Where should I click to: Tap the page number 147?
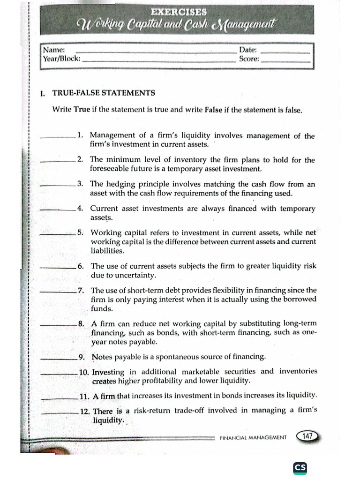pos(307,436)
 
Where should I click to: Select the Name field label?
pos(53,50)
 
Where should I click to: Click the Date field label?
pos(248,50)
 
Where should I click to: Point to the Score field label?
pos(249,59)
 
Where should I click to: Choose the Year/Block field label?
pos(61,59)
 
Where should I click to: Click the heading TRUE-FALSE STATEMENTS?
pos(103,93)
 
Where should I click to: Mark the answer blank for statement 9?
pos(60,359)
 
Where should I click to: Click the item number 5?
pos(81,232)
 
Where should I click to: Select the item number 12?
pos(84,411)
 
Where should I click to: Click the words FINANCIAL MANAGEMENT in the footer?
pos(253,437)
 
